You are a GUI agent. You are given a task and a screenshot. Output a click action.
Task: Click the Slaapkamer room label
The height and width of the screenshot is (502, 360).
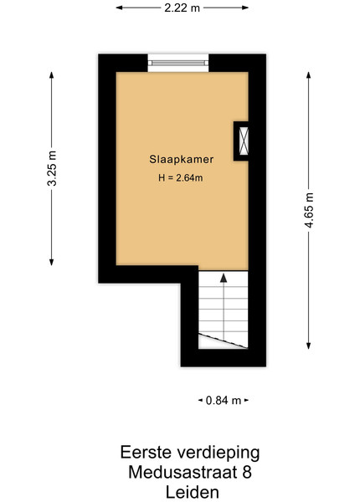(x=182, y=159)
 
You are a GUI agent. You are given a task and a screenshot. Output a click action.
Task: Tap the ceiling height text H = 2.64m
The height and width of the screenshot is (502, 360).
(x=180, y=177)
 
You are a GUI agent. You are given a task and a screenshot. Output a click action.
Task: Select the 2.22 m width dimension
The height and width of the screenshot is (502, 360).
(x=182, y=8)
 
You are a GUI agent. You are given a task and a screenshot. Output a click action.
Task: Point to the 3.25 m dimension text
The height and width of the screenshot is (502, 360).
(x=52, y=168)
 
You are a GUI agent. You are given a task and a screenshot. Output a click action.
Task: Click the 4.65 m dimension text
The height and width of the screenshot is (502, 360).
(x=309, y=210)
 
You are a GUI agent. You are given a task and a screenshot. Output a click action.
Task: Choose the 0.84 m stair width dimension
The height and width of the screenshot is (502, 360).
(x=224, y=400)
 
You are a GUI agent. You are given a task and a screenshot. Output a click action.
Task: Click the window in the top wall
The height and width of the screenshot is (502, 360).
(x=178, y=63)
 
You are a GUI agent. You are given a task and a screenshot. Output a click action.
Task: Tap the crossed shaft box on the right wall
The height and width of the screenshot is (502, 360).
(x=244, y=141)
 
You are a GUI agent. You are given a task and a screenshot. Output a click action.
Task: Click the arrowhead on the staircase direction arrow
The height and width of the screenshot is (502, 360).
(x=224, y=279)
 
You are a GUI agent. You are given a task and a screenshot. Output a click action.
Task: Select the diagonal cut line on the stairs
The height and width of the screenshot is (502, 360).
(x=224, y=341)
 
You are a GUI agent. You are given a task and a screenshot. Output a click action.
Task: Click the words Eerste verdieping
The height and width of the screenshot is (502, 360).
(x=190, y=453)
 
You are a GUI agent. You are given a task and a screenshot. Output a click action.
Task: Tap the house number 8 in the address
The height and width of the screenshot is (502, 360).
(x=247, y=472)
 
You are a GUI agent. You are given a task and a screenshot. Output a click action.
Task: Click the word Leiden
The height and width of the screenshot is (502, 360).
(x=193, y=492)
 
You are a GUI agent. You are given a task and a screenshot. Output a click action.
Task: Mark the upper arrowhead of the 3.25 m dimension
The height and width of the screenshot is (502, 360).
(x=52, y=75)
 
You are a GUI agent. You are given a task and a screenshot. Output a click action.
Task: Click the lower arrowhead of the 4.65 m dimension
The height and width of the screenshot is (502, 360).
(x=308, y=346)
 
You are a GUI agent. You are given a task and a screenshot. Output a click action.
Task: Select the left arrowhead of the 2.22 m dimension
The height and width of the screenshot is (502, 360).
(x=119, y=8)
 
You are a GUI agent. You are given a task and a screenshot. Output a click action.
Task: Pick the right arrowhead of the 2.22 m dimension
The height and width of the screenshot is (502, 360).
(x=245, y=8)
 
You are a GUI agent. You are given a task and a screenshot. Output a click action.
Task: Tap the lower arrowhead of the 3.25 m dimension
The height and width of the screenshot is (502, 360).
(x=52, y=262)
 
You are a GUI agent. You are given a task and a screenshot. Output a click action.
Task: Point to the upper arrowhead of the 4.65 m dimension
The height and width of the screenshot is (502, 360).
(x=308, y=75)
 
